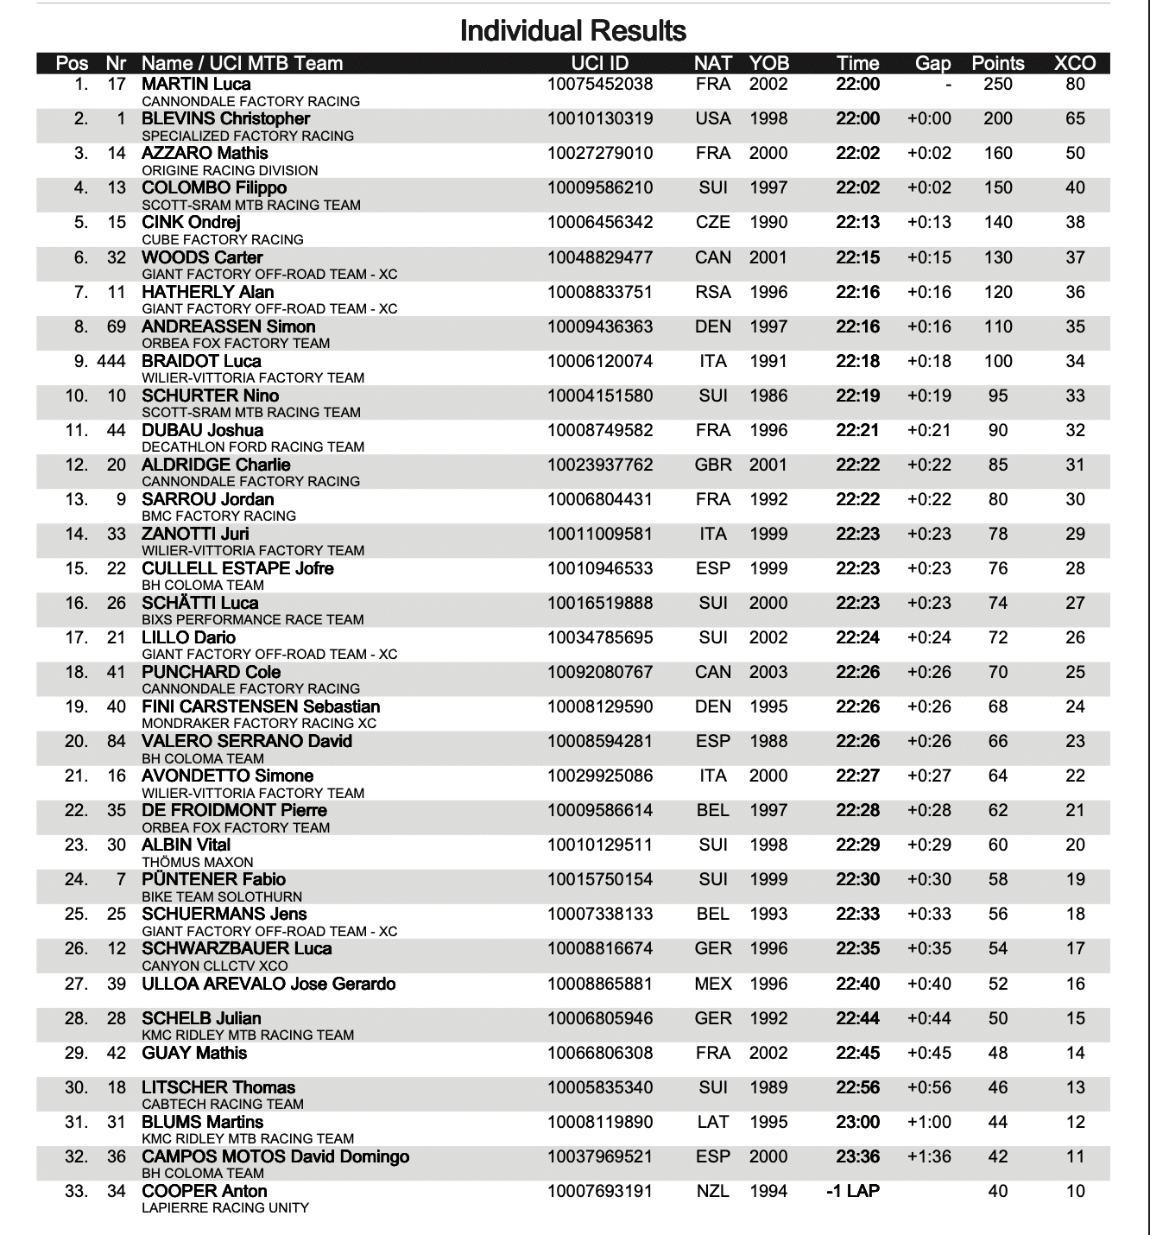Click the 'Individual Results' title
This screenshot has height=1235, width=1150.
click(x=573, y=31)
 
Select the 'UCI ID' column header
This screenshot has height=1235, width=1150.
click(x=600, y=63)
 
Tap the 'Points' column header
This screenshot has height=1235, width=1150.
click(x=998, y=63)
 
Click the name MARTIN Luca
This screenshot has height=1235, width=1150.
click(x=196, y=84)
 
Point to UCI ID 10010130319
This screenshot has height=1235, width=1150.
click(x=600, y=118)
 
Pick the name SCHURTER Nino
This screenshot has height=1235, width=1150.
click(x=210, y=396)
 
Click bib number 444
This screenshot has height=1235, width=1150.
click(x=111, y=361)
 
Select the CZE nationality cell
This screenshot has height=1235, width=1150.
click(x=713, y=222)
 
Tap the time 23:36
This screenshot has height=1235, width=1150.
click(x=857, y=1156)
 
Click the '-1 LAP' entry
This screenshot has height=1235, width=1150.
click(x=853, y=1191)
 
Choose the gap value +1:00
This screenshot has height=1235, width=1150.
click(x=929, y=1122)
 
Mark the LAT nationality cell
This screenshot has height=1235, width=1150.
click(x=713, y=1122)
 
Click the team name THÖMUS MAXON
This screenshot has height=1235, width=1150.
click(x=198, y=862)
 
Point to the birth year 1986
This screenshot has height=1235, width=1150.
click(x=768, y=396)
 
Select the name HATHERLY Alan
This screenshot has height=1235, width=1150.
click(x=207, y=292)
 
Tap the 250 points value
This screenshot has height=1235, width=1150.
click(x=998, y=84)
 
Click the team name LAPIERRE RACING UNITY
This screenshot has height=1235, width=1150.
click(x=225, y=1207)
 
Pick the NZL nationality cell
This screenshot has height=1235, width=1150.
click(x=713, y=1191)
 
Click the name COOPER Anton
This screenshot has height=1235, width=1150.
click(x=204, y=1191)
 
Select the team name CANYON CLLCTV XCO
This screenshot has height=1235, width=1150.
click(x=215, y=966)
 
